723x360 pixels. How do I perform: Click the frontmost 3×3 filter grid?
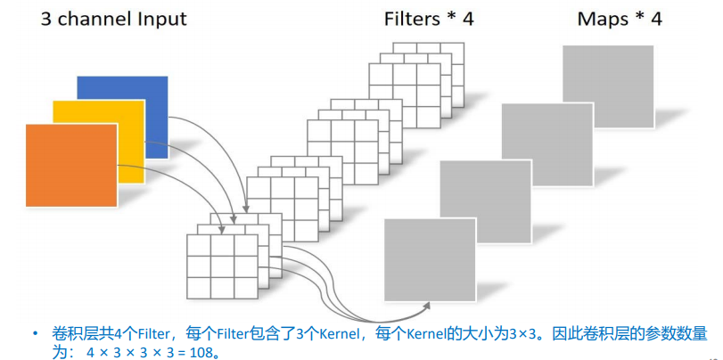point(221,266)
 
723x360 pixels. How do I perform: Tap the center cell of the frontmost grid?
point(221,266)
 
